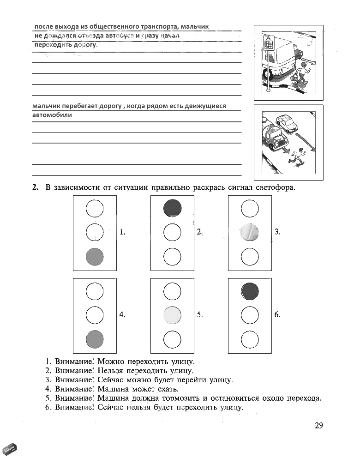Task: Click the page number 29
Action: pos(319,426)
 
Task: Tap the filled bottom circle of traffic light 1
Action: pos(95,256)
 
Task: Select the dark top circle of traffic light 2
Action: pos(172,208)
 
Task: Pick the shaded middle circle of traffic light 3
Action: pos(250,232)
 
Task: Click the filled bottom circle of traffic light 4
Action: pos(95,339)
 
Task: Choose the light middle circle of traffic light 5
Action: pos(172,315)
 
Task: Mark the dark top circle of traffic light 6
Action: pos(250,291)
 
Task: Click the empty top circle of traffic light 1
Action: pos(95,208)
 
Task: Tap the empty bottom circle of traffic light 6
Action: pos(250,339)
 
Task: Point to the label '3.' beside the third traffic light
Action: pos(277,232)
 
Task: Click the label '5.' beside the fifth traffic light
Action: pos(200,315)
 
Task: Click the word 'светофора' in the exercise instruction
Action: pos(274,187)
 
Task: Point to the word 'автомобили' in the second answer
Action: pos(52,115)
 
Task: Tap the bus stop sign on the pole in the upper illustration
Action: pos(268,42)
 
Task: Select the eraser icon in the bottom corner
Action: pos(10,448)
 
